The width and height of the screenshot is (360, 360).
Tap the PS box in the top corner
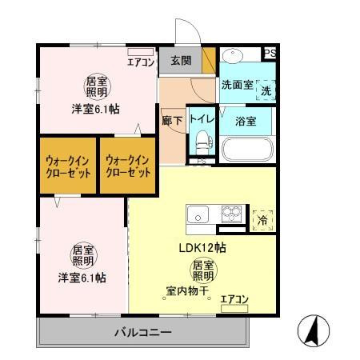[270, 54]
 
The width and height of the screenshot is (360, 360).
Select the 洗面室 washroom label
[237, 84]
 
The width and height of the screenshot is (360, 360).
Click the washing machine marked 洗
[265, 91]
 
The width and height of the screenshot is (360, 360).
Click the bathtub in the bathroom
[246, 149]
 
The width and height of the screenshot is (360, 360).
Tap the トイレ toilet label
[200, 118]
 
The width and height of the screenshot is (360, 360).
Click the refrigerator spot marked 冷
[262, 218]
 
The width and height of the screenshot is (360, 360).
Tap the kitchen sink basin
[198, 214]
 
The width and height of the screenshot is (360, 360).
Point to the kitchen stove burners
[232, 214]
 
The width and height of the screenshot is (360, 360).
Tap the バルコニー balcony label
[142, 331]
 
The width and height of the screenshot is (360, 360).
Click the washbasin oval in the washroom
[233, 58]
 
